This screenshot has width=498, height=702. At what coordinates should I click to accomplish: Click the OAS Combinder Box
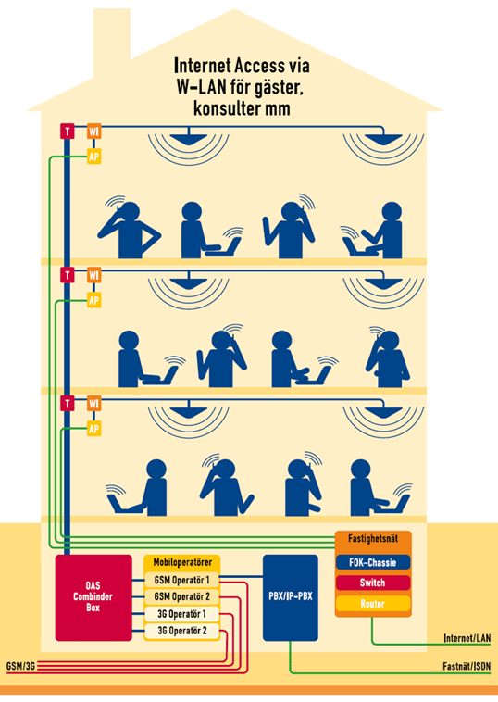pyautogui.click(x=93, y=597)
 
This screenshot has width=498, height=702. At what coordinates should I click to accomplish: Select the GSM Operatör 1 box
pyautogui.click(x=181, y=580)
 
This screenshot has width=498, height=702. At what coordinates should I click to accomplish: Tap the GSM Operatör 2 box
pyautogui.click(x=181, y=596)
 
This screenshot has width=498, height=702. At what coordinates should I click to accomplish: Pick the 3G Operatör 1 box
pyautogui.click(x=181, y=614)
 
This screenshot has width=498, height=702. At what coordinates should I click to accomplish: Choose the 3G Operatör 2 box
pyautogui.click(x=181, y=631)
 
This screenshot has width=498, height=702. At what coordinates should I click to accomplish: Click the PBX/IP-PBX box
pyautogui.click(x=291, y=597)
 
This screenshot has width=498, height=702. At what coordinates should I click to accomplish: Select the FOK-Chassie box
pyautogui.click(x=373, y=562)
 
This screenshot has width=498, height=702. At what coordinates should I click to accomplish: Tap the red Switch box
pyautogui.click(x=373, y=583)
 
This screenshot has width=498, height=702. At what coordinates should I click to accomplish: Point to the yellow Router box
pyautogui.click(x=373, y=604)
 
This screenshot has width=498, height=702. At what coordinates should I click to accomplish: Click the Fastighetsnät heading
pyautogui.click(x=373, y=539)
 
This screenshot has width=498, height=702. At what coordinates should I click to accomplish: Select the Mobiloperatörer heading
pyautogui.click(x=182, y=562)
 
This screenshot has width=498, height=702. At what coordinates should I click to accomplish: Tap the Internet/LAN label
pyautogui.click(x=467, y=638)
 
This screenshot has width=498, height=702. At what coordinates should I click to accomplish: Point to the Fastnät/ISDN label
pyautogui.click(x=467, y=666)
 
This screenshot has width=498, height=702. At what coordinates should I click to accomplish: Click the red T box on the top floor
pyautogui.click(x=68, y=132)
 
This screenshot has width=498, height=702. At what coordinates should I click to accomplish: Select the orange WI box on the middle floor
pyautogui.click(x=93, y=275)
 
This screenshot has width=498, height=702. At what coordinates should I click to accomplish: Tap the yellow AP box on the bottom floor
pyautogui.click(x=93, y=429)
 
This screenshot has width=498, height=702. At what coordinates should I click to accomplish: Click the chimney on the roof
pyautogui.click(x=112, y=33)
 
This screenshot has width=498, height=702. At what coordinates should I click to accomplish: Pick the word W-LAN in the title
pyautogui.click(x=202, y=87)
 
